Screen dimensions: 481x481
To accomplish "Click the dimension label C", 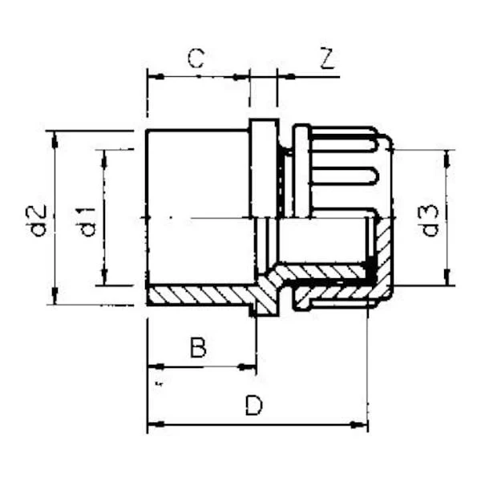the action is (196, 58).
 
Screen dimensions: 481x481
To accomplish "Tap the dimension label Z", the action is (327, 58).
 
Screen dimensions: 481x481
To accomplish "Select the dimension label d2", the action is (40, 220).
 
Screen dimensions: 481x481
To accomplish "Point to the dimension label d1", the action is (87, 222).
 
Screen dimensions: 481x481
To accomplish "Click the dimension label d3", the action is (430, 220).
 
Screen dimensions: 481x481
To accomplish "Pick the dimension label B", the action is (198, 347).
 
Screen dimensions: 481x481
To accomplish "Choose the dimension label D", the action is (253, 405).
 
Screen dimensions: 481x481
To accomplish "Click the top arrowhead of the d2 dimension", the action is (55, 139).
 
